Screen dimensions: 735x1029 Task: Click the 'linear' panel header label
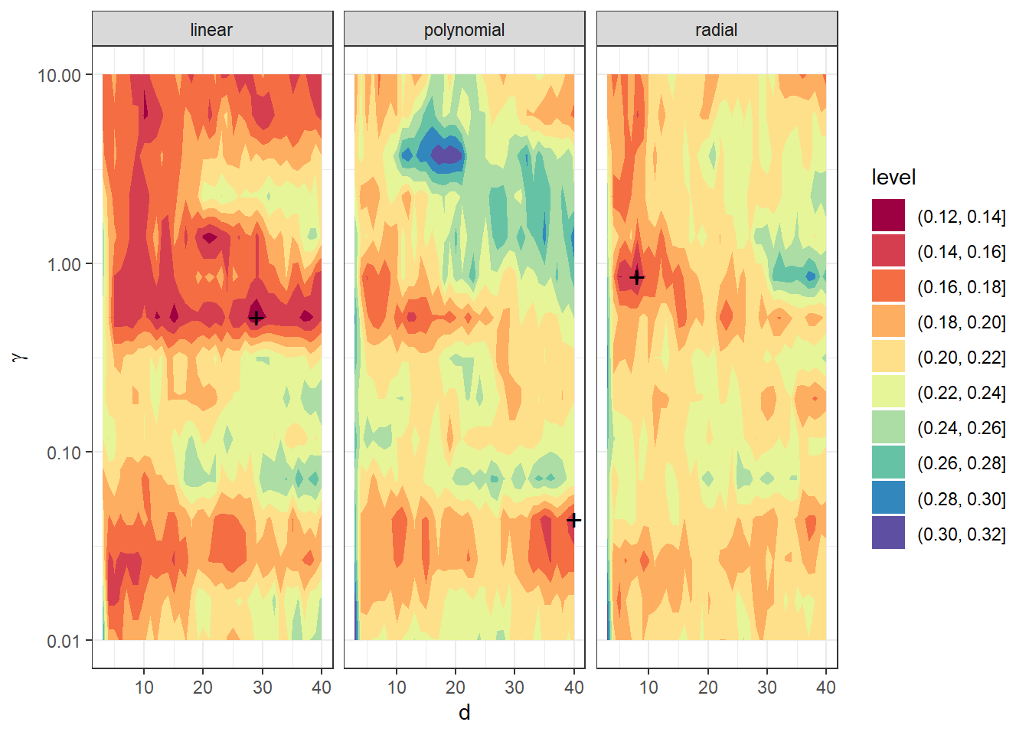tap(211, 30)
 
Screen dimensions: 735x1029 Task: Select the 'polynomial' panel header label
tap(464, 30)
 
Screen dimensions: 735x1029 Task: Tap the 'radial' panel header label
tap(716, 30)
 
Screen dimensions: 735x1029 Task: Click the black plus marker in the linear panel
tap(256, 317)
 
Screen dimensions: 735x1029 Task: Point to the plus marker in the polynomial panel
tap(573, 520)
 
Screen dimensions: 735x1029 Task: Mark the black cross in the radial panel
tap(636, 277)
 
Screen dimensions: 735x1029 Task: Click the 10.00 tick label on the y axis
tap(59, 75)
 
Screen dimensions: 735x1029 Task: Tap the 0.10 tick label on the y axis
tap(64, 452)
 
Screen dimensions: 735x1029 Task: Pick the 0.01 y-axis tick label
tap(64, 641)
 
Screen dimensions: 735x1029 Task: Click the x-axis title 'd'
tap(464, 713)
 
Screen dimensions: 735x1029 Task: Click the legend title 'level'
tap(893, 178)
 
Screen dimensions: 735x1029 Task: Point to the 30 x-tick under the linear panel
tap(262, 688)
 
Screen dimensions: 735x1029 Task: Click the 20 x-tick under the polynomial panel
tap(456, 688)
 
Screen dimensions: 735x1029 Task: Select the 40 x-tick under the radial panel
tap(826, 688)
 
